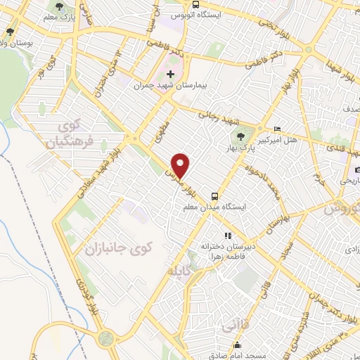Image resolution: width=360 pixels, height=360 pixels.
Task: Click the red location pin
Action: coord(181,165)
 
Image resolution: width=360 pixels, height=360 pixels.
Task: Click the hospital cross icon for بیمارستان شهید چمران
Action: coord(170,73)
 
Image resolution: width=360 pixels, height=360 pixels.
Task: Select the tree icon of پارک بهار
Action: coord(241,137)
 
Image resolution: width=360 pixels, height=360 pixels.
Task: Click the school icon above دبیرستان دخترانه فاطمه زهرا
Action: coord(226,236)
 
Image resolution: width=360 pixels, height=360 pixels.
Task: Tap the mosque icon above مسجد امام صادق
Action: coord(239,345)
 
